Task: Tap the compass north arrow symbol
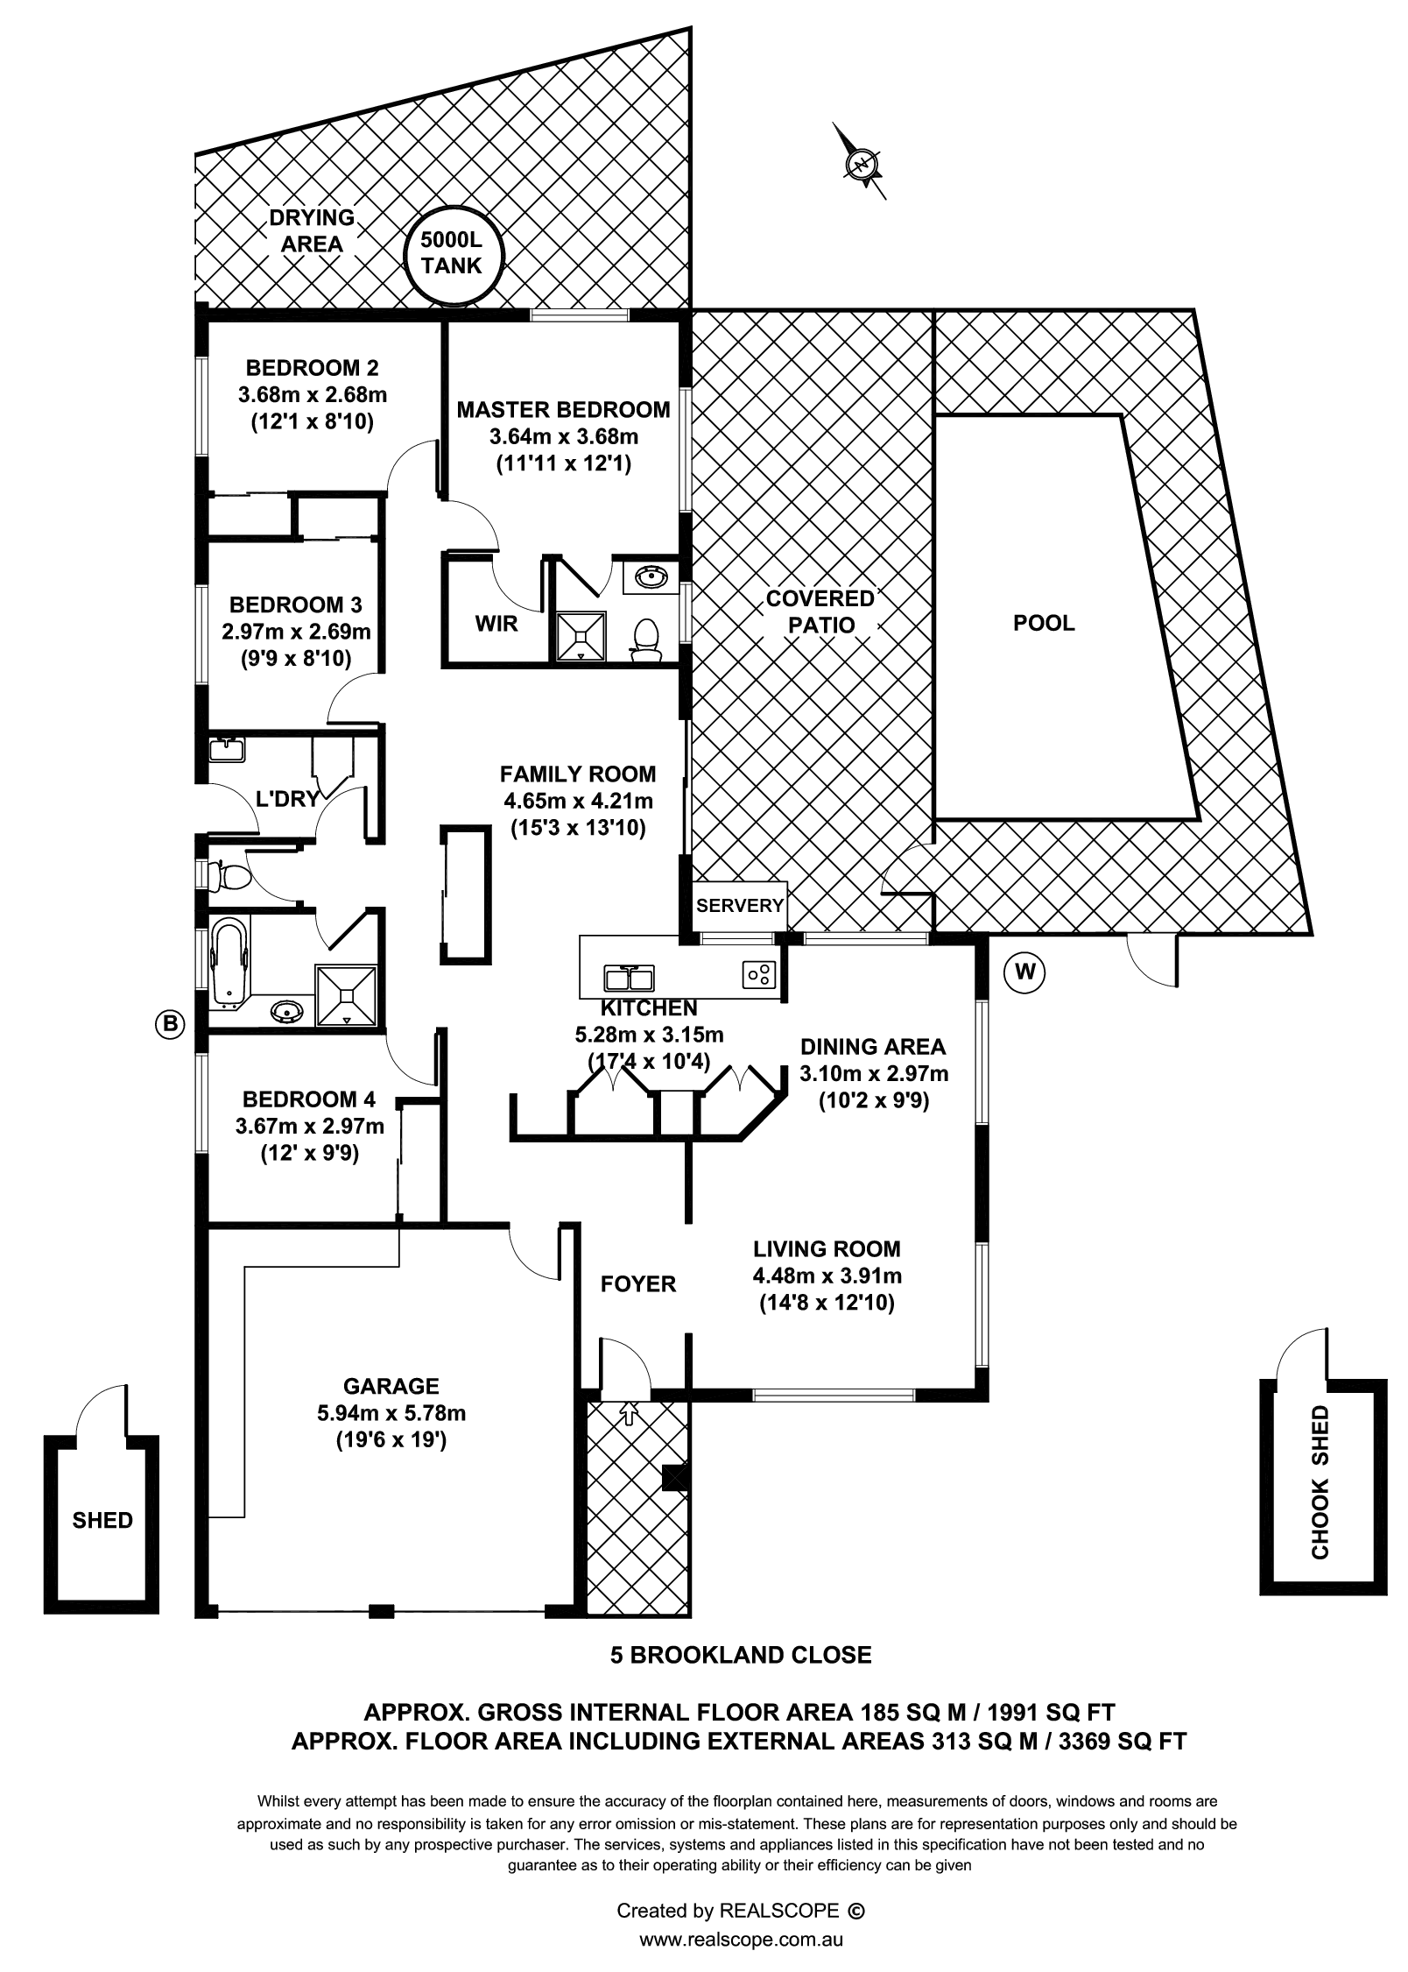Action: coord(861,163)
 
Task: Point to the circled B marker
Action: coord(171,1022)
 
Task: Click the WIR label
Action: coord(496,624)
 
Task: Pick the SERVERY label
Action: coord(740,905)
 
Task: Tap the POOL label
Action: coord(1044,623)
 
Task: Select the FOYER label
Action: coord(638,1283)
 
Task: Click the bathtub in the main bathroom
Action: coord(229,960)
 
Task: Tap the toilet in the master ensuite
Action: coord(646,640)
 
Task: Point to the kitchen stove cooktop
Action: coord(759,973)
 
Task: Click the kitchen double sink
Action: coord(629,977)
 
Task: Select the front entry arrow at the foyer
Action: coord(627,1411)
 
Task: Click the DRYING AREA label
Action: coord(312,230)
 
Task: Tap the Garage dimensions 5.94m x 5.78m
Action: coord(391,1412)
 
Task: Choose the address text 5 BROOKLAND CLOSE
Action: coord(741,1655)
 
